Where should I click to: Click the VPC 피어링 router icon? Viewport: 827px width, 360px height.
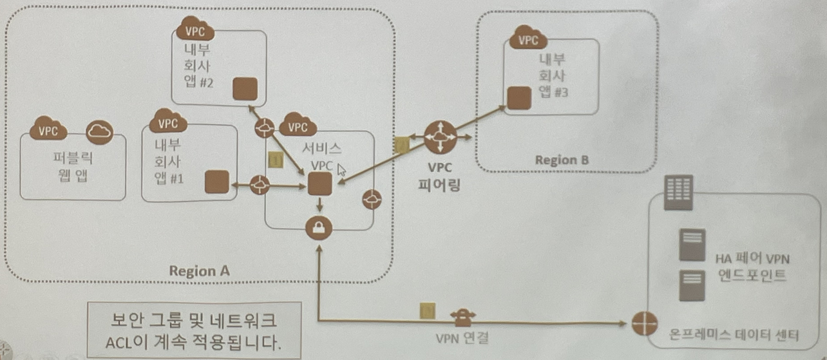point(441,137)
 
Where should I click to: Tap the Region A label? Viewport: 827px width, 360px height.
point(199,270)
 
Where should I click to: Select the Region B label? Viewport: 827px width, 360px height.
point(562,160)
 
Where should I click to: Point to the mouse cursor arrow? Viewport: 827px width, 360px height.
point(341,169)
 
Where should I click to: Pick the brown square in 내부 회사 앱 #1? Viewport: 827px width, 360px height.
point(216,182)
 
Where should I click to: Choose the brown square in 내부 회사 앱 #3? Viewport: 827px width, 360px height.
point(519,97)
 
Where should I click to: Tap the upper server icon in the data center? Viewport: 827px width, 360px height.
point(692,245)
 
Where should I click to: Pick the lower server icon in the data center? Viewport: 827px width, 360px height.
point(692,285)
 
